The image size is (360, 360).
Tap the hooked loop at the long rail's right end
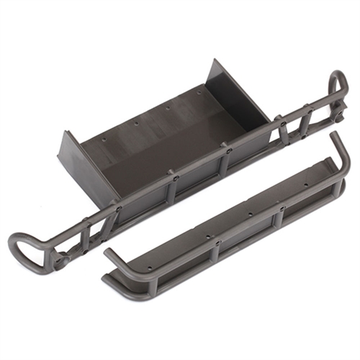coord(338,86)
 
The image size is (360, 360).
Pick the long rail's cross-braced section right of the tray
coord(295,122)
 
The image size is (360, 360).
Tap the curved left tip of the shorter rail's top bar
coord(108,253)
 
